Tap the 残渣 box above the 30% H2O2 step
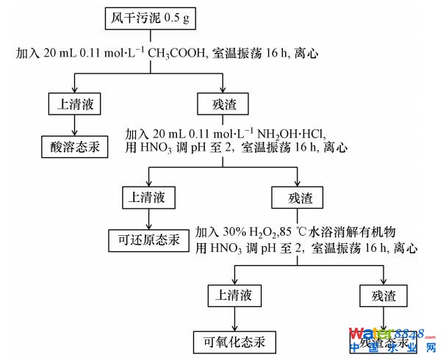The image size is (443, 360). [x=297, y=196]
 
